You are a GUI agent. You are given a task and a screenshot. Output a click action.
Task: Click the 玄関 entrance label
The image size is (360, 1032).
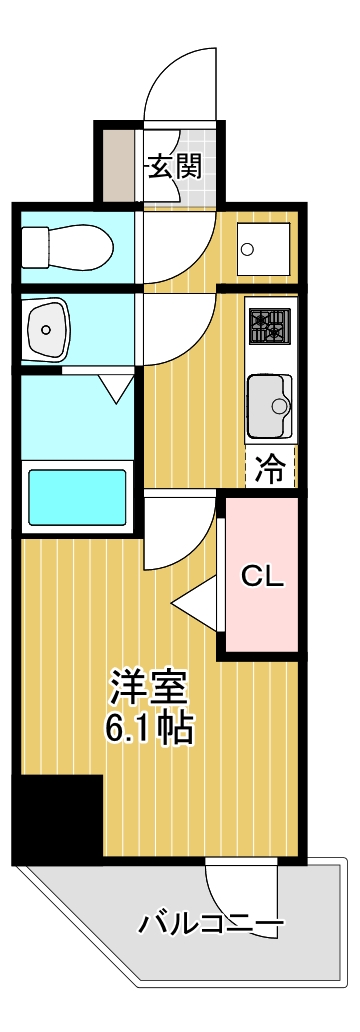pos(174,167)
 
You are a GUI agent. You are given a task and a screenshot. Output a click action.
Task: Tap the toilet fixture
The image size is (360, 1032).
pos(66,246)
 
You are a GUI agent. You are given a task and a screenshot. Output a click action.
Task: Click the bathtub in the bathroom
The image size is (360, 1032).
pos(77,488)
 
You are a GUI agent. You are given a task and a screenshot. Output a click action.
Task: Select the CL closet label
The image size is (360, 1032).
pos(262,577)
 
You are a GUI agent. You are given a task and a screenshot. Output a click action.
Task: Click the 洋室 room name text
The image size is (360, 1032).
pos(149,687)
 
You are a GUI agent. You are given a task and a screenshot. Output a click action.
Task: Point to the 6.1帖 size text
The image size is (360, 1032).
pos(149,727)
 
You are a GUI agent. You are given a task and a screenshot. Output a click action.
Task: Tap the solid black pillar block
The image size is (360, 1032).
pos(58,816)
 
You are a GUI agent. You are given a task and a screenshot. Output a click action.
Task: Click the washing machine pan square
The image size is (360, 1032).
pos(263,249)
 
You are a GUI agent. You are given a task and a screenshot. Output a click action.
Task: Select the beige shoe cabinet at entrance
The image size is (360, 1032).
pos(118,165)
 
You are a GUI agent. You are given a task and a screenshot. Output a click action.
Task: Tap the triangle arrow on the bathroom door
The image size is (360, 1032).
pos(116,389)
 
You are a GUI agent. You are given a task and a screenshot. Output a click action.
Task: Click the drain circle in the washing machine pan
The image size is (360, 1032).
pos(247,249)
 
